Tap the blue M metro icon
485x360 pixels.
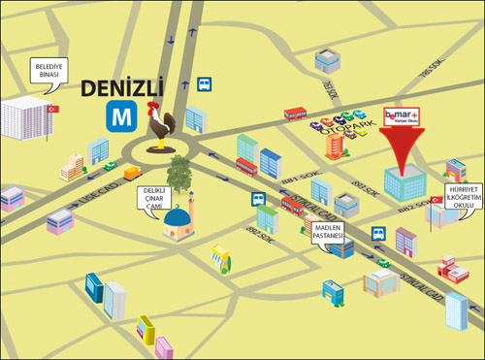click(x=121, y=117)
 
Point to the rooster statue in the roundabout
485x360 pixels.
click(x=160, y=126)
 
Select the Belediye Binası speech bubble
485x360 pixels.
click(x=44, y=70)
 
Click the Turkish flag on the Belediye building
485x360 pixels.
click(x=54, y=109)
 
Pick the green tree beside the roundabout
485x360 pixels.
click(x=179, y=175)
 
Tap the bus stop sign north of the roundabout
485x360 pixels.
click(x=205, y=83)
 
